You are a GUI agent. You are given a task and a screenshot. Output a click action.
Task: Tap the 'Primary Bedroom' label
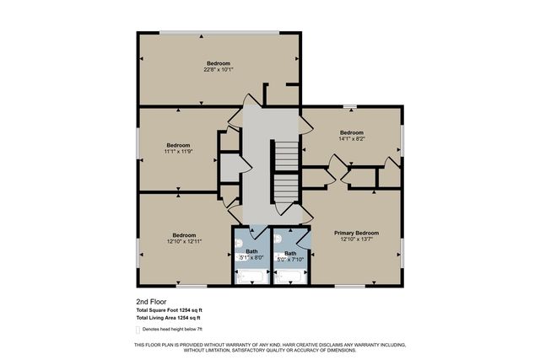click(356, 233)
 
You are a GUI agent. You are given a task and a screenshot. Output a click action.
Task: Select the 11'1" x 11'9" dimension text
click(178, 152)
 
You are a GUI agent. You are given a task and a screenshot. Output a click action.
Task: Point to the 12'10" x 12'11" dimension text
click(184, 242)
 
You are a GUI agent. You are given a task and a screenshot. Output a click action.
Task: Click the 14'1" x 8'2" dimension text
click(351, 140)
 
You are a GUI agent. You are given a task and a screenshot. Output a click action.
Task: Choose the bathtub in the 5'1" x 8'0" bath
click(251, 276)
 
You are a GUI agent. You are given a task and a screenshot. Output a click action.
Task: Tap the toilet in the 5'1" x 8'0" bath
click(239, 238)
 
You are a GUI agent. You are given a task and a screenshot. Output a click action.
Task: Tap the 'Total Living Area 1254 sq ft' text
click(172, 319)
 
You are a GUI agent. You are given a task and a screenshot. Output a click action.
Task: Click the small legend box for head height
click(138, 330)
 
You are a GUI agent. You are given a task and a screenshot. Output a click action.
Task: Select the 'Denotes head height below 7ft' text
click(175, 330)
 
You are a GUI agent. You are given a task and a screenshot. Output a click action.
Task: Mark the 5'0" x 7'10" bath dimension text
click(289, 260)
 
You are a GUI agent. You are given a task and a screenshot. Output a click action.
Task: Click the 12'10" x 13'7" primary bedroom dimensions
click(356, 239)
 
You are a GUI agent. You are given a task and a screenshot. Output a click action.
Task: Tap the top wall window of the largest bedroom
click(219, 34)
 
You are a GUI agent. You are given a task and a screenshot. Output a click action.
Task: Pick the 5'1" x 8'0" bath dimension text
click(251, 257)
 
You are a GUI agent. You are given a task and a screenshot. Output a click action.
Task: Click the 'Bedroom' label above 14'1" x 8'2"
click(351, 133)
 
